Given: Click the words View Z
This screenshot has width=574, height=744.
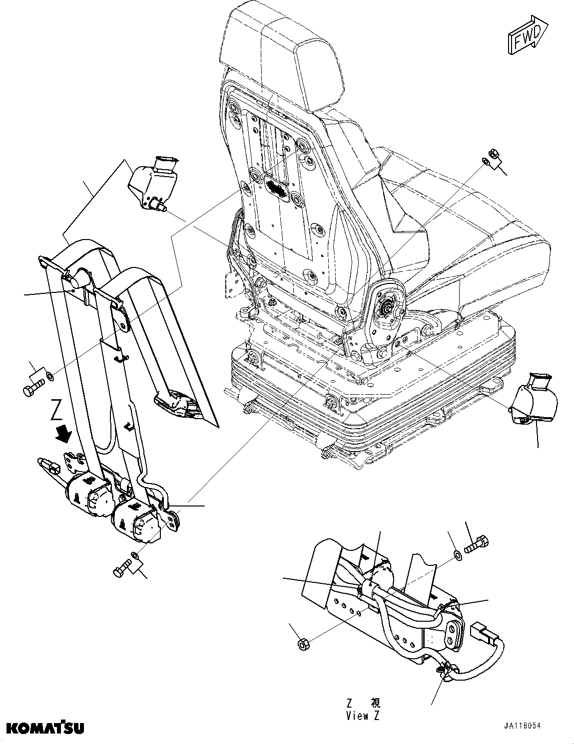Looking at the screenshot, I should point(363,716).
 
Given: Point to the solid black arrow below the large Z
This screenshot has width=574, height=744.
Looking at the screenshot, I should point(63,433).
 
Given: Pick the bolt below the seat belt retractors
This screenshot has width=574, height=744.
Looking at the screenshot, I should point(121,570).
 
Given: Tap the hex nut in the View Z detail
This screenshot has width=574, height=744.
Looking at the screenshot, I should point(302,644).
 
